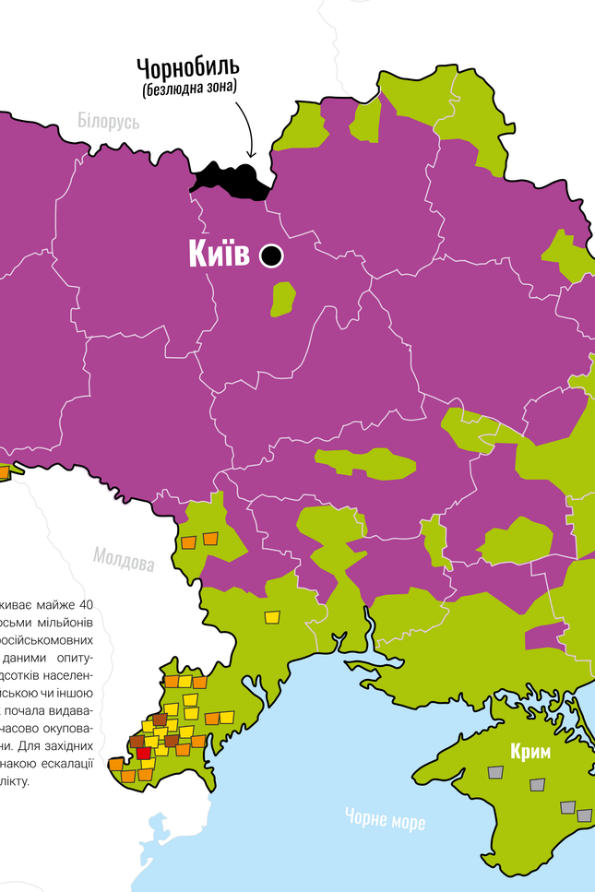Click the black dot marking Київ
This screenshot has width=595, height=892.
click(x=271, y=256)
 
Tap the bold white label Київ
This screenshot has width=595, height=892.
click(x=219, y=255)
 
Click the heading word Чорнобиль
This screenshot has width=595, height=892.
click(x=188, y=66)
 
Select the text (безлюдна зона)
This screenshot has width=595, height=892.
click(x=189, y=89)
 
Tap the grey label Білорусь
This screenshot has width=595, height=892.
click(x=108, y=121)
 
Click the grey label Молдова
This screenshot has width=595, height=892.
click(x=123, y=559)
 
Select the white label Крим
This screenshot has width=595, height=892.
click(x=530, y=752)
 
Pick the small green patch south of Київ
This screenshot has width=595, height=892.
click(x=282, y=299)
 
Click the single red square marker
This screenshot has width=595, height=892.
click(x=143, y=753)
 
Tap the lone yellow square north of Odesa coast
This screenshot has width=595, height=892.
click(x=273, y=616)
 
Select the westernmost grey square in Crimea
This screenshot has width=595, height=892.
click(x=496, y=772)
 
